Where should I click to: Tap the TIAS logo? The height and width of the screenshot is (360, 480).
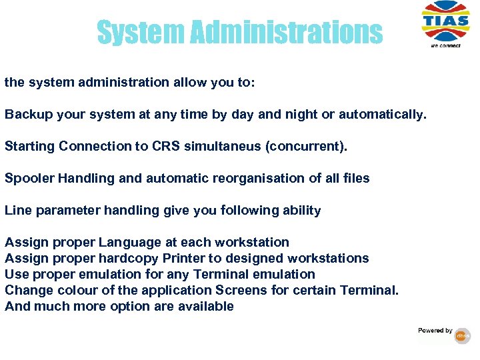tap(445, 22)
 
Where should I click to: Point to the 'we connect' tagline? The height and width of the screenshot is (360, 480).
tap(445, 46)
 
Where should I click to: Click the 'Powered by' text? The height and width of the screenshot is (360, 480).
tap(435, 331)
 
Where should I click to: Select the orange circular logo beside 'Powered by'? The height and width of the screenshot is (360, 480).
tap(463, 337)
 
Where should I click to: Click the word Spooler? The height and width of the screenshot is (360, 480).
tap(29, 178)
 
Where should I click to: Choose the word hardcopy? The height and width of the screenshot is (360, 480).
tap(128, 258)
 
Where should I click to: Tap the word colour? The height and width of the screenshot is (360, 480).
tap(72, 290)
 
